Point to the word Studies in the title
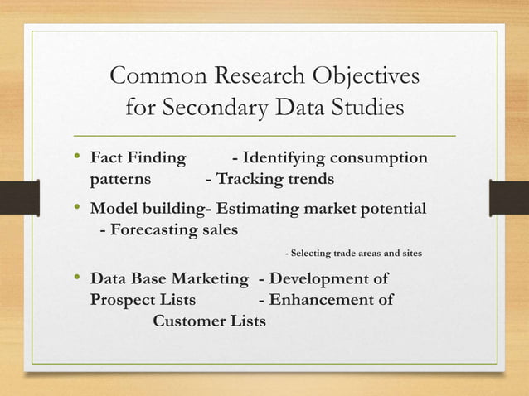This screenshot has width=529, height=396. (366, 109)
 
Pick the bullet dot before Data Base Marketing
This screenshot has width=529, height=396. (78, 278)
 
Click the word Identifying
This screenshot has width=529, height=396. (286, 158)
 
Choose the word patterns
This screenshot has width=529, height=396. (120, 178)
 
